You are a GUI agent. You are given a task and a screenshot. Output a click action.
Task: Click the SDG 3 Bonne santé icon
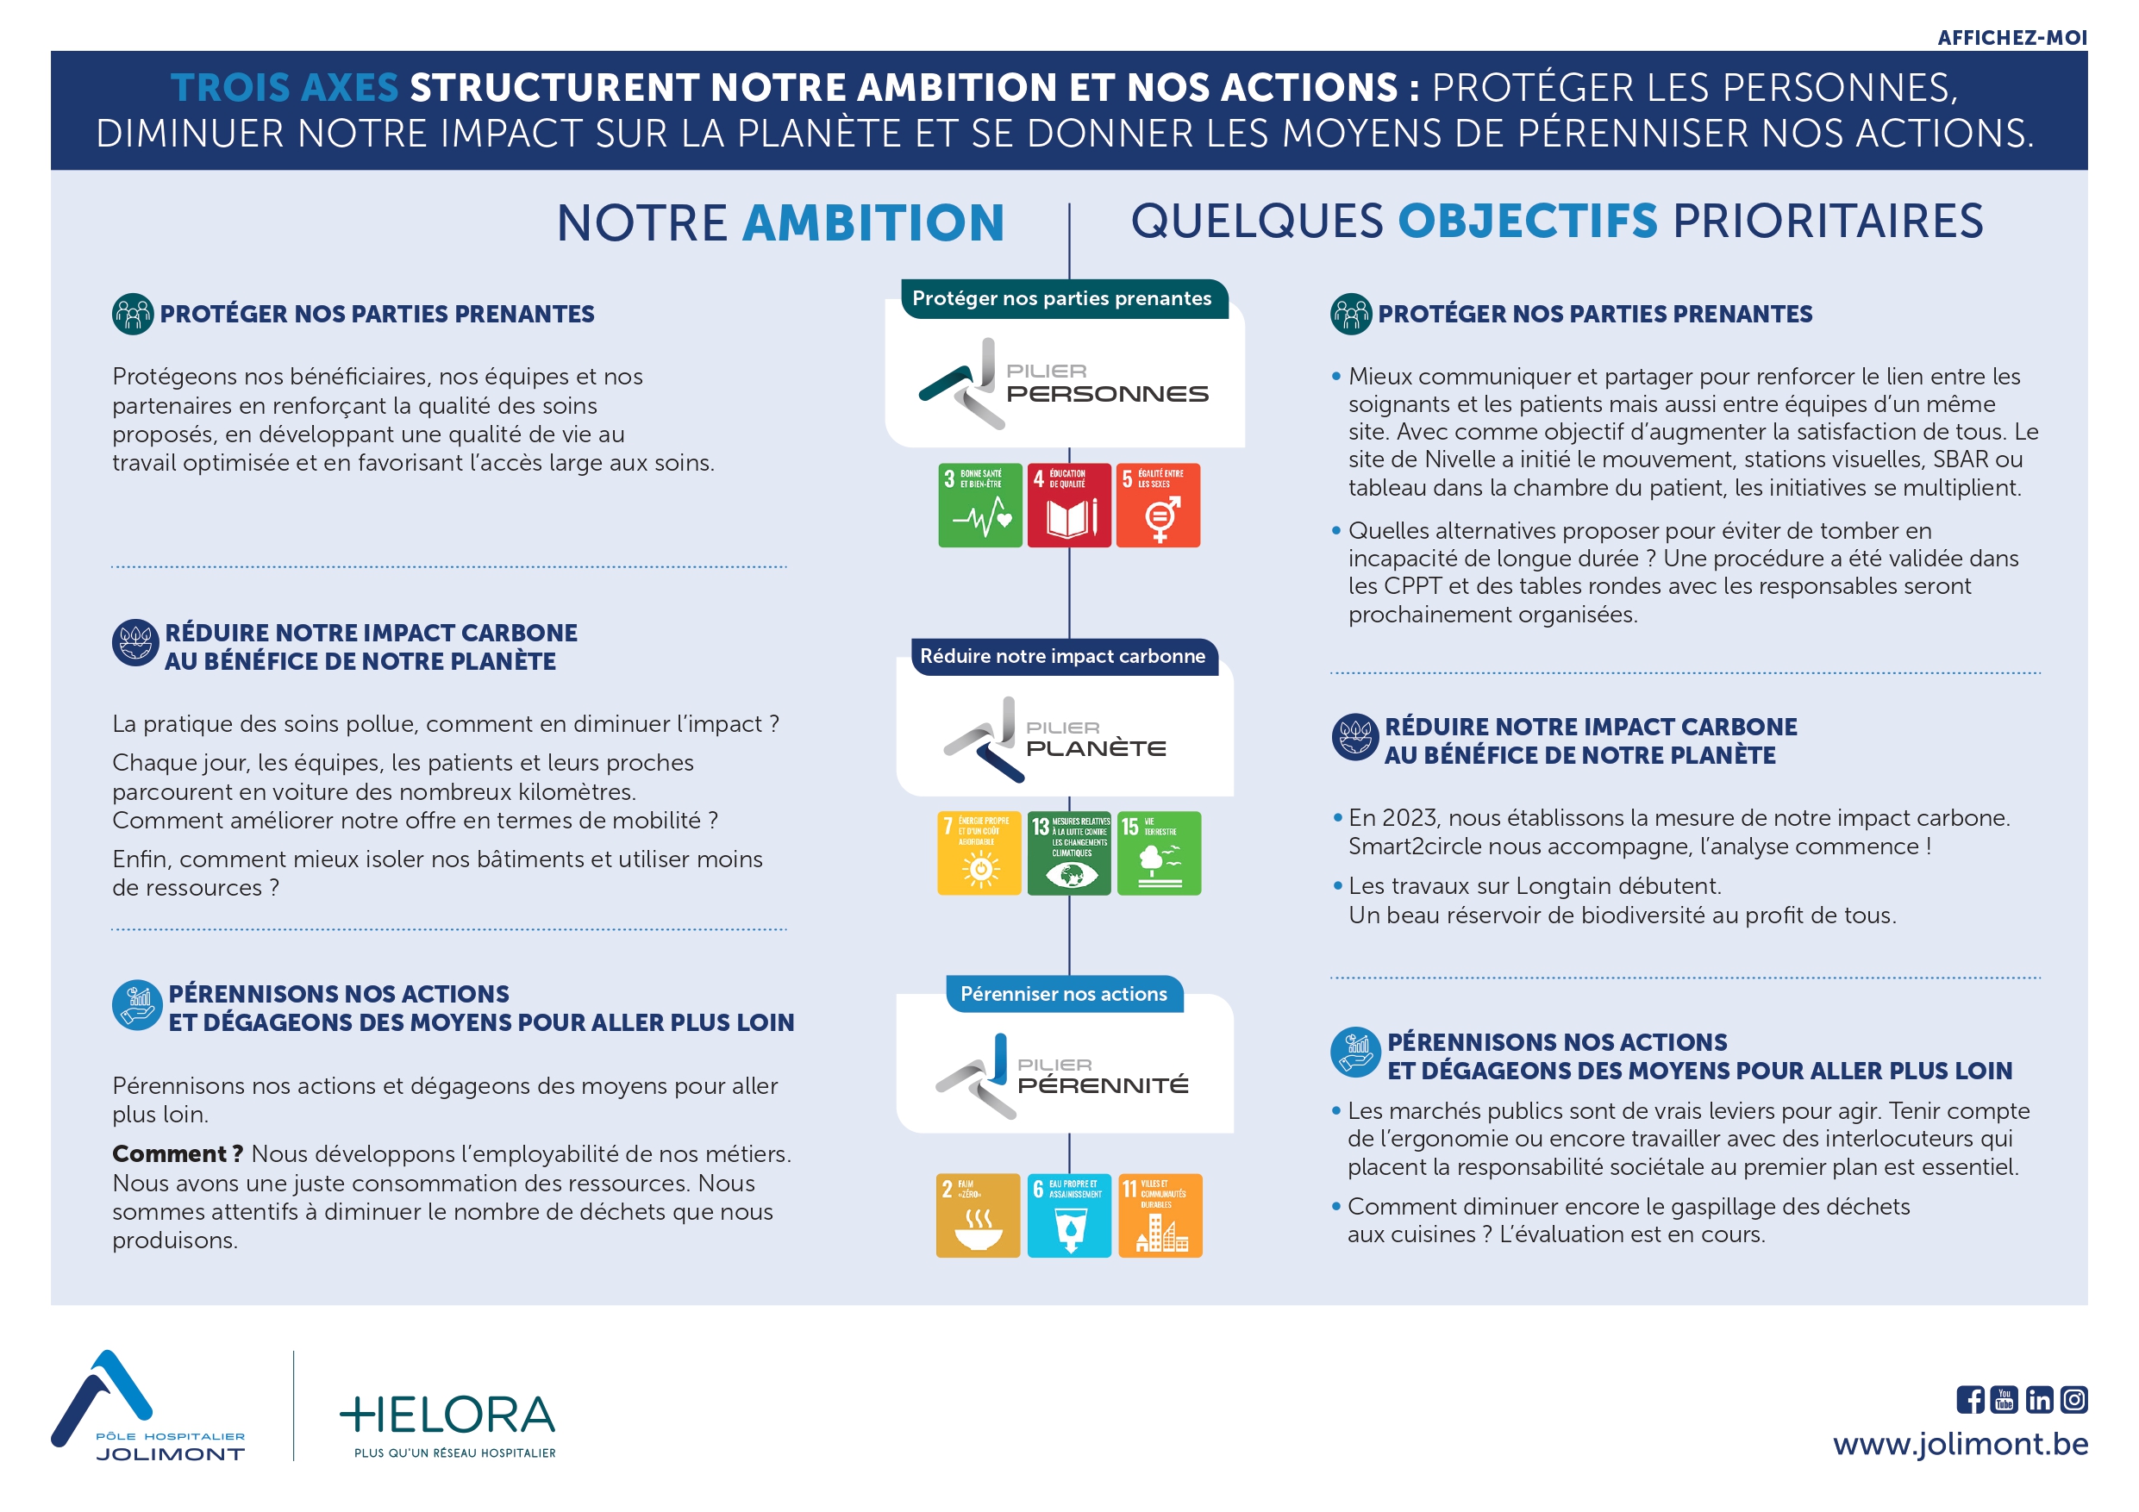979,505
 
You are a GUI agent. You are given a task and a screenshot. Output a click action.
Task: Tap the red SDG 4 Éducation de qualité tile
1068,505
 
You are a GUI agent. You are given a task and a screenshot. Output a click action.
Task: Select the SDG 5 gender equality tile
1158,505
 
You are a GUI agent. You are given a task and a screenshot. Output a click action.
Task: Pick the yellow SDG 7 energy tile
979,853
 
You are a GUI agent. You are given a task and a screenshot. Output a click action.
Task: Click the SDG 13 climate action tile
1068,853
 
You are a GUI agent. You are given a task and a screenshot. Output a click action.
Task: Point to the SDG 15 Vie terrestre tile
1158,853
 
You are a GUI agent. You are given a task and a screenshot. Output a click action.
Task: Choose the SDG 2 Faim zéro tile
978,1215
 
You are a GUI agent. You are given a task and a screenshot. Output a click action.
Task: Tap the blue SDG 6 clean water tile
1068,1215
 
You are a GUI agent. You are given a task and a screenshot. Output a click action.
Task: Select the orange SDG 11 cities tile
1160,1215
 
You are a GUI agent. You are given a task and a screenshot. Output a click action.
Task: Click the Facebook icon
1969,1399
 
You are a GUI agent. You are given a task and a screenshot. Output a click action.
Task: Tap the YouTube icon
2004,1399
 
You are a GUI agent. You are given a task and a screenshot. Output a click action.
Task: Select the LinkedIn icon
2039,1399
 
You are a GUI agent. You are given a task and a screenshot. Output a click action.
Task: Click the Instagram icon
2073,1399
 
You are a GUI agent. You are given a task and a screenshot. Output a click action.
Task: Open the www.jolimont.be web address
1961,1443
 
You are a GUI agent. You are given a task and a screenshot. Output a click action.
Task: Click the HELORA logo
447,1421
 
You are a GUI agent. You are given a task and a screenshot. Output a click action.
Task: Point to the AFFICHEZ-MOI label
2011,37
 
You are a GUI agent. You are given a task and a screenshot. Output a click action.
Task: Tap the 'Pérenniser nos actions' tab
1063,994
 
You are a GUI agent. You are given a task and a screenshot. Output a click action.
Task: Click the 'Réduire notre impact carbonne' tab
1062,656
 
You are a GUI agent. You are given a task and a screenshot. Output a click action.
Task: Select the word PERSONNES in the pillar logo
1107,394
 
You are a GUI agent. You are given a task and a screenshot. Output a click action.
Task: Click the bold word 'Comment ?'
177,1153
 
